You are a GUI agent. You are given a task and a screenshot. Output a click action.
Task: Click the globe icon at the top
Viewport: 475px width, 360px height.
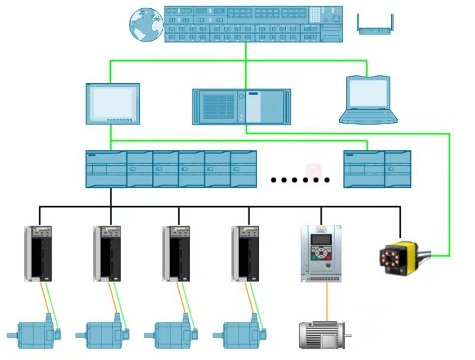(146, 24)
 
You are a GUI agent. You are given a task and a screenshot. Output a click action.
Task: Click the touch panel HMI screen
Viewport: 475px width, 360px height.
(113, 103)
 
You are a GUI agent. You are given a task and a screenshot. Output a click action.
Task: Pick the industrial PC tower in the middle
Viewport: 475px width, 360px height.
(242, 106)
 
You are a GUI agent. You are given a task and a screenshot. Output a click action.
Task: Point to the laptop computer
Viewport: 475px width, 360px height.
(368, 100)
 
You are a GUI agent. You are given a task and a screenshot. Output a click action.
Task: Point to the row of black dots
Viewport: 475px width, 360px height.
(300, 179)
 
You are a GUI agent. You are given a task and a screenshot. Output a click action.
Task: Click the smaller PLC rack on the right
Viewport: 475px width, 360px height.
(377, 169)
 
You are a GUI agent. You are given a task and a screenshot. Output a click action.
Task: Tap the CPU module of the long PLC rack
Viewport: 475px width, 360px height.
(106, 169)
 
